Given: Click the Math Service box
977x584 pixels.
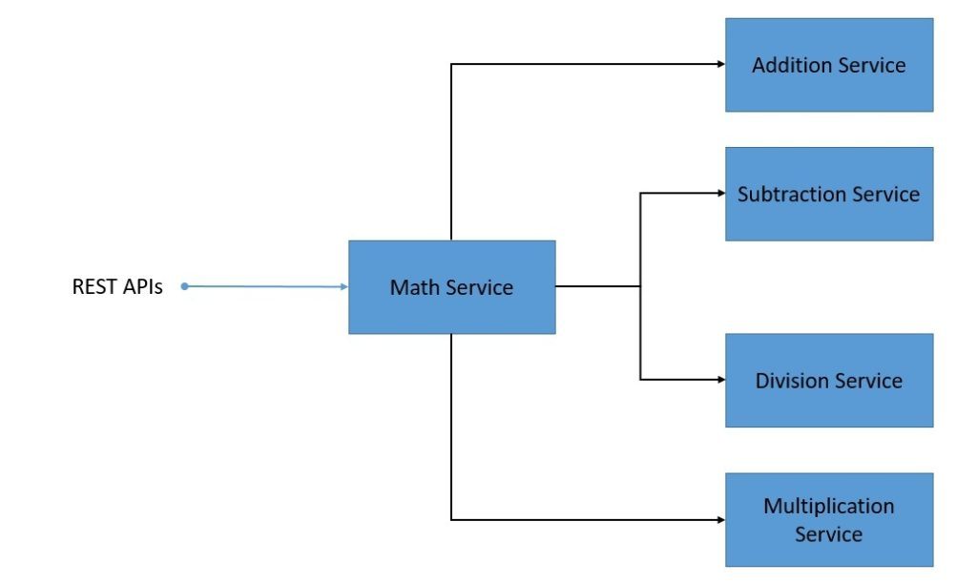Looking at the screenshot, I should pyautogui.click(x=451, y=286).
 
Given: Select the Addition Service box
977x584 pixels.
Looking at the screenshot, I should pyautogui.click(x=828, y=65).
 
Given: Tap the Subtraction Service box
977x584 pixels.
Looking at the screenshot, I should pyautogui.click(x=828, y=194).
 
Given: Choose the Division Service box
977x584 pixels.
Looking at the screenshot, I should pyautogui.click(x=828, y=380).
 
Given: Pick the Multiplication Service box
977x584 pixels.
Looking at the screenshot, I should pyautogui.click(x=828, y=519).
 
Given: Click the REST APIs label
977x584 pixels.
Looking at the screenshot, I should pyautogui.click(x=117, y=286).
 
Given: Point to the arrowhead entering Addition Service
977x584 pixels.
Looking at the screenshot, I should pyautogui.click(x=720, y=64).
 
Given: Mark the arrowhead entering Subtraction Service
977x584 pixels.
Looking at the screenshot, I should pyautogui.click(x=720, y=193).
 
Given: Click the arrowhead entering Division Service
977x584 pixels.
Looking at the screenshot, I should pyautogui.click(x=720, y=380).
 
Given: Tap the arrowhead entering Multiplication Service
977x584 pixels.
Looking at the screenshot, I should pyautogui.click(x=720, y=520).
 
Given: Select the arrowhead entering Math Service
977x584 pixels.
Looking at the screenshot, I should pyautogui.click(x=343, y=286).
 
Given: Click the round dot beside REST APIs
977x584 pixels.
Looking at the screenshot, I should pyautogui.click(x=184, y=285).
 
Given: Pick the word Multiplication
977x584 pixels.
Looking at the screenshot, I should pyautogui.click(x=828, y=506).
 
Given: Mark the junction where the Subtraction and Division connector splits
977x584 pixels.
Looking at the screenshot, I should pyautogui.click(x=640, y=286).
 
